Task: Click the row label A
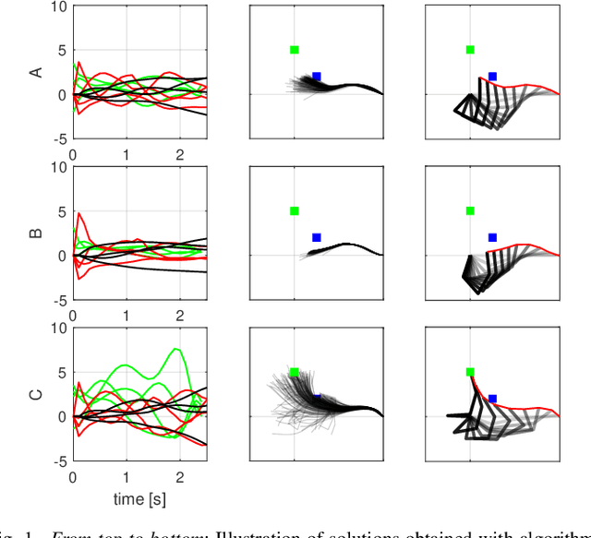tap(38, 72)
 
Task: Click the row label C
tap(38, 394)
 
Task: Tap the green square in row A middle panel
tap(295, 50)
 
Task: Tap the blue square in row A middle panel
tap(317, 77)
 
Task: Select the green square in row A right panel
tap(470, 50)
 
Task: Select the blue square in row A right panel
tap(492, 77)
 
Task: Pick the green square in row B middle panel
tap(295, 210)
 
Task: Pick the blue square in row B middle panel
tap(317, 237)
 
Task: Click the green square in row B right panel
tap(470, 210)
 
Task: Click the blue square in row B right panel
tap(492, 237)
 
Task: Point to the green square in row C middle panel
tap(295, 372)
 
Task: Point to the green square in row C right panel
tap(470, 372)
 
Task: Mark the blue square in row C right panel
tap(492, 399)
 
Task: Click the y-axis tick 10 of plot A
tap(57, 6)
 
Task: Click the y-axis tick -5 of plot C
tap(57, 461)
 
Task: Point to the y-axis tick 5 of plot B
tap(61, 211)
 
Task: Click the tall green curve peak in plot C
tap(175, 350)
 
